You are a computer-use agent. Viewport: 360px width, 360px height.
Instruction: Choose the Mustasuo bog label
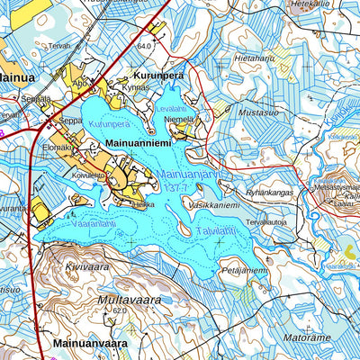tap(259, 114)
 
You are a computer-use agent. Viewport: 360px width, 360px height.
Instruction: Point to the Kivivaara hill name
tap(86, 267)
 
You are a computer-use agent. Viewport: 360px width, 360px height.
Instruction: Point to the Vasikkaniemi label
tap(214, 205)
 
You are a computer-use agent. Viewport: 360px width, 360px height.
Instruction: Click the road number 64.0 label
tap(143, 44)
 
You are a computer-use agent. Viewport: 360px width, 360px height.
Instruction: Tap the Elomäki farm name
tap(57, 146)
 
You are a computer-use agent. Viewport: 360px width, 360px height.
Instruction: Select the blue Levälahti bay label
tap(172, 109)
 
